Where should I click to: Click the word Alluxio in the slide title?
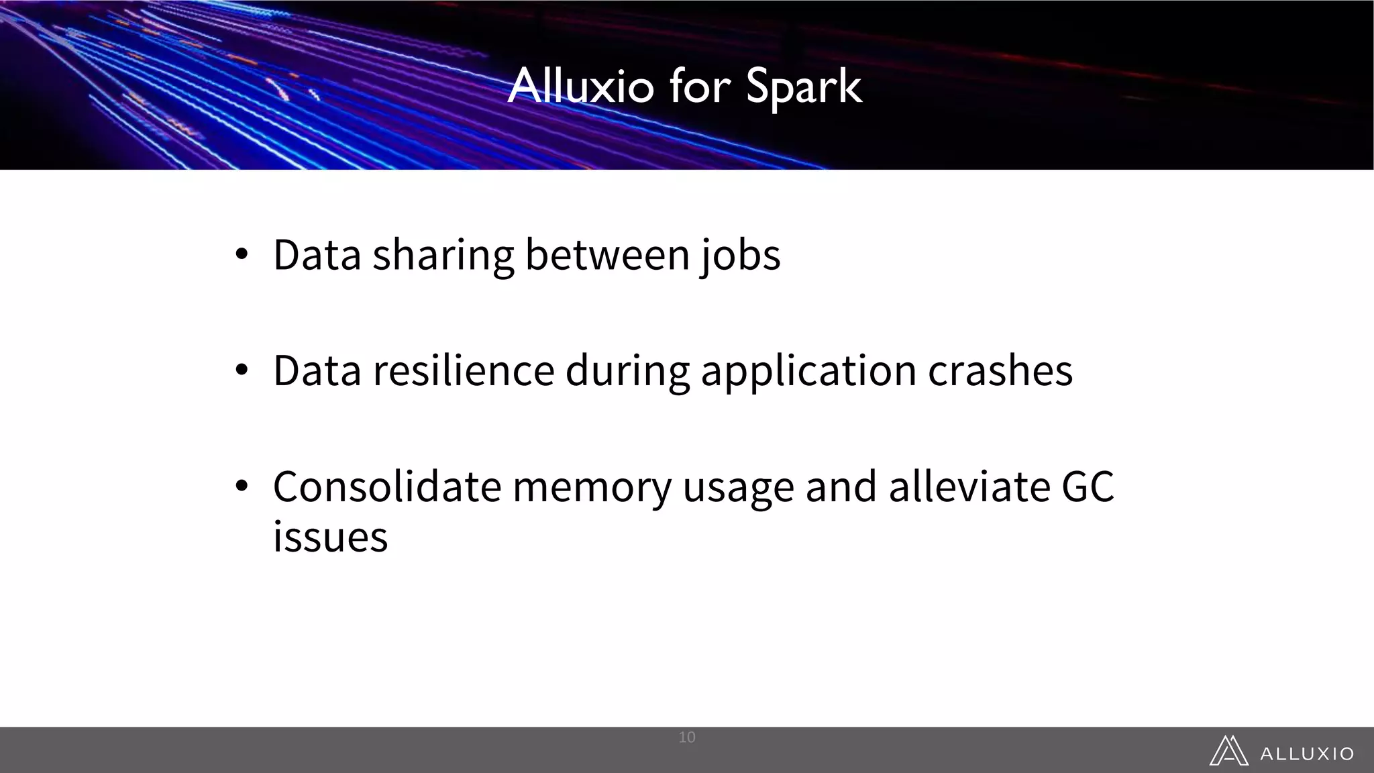click(581, 86)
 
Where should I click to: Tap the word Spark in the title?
click(804, 87)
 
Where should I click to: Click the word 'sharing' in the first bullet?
click(443, 256)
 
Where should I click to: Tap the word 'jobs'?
click(741, 256)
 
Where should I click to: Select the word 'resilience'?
click(464, 370)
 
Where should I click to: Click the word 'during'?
click(628, 372)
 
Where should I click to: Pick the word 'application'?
click(808, 372)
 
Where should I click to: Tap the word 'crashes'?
click(1000, 370)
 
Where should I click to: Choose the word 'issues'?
click(330, 537)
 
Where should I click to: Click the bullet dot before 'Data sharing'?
click(242, 254)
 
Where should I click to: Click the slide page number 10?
click(687, 737)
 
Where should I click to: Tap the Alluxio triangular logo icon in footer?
click(1228, 751)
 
